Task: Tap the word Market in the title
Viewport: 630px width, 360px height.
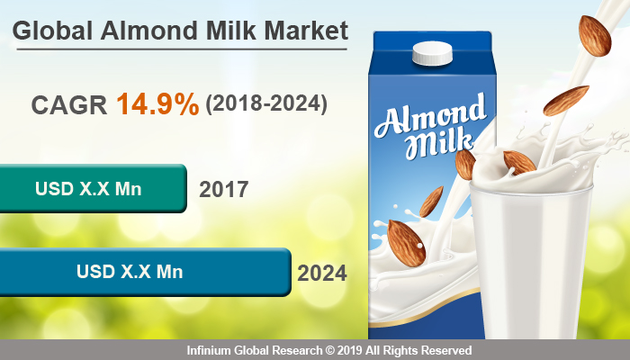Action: click(302, 31)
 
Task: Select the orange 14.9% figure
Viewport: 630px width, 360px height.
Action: click(157, 104)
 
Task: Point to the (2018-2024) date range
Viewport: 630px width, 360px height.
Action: click(266, 104)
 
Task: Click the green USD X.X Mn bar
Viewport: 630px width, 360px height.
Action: click(90, 189)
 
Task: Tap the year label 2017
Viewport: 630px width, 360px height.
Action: click(223, 190)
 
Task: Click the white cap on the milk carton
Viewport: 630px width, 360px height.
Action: click(431, 55)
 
